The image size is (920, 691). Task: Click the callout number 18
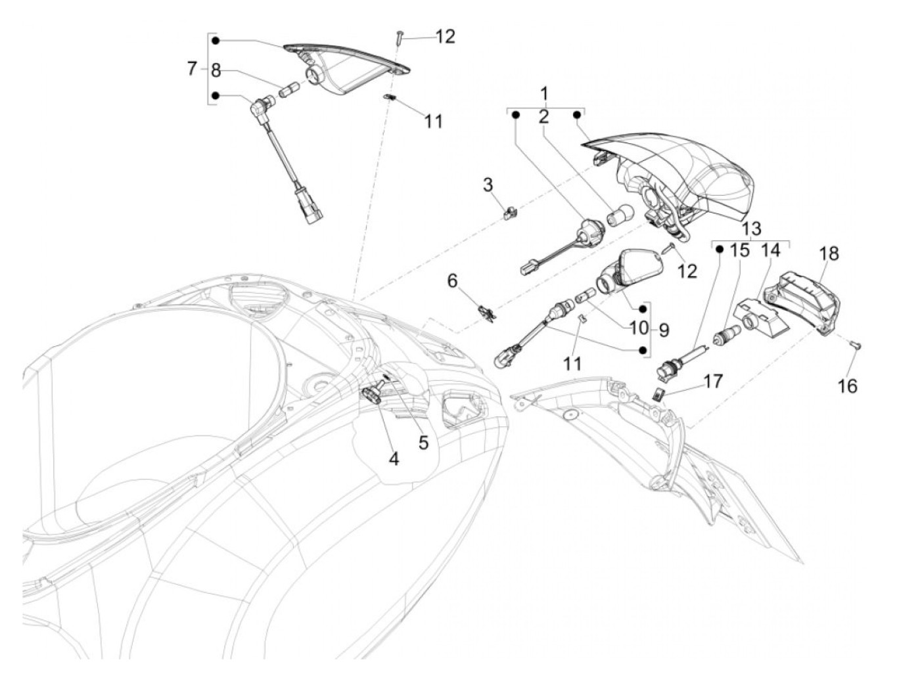(829, 254)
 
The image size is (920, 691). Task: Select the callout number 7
(191, 68)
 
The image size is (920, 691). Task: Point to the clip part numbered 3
(509, 212)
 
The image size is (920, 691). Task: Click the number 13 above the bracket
(751, 229)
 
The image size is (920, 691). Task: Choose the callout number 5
(423, 442)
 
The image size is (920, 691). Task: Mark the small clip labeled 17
(659, 393)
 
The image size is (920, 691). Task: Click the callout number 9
(664, 330)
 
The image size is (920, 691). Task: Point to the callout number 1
(543, 92)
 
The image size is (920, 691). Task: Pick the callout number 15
(740, 250)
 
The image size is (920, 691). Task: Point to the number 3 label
(488, 185)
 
